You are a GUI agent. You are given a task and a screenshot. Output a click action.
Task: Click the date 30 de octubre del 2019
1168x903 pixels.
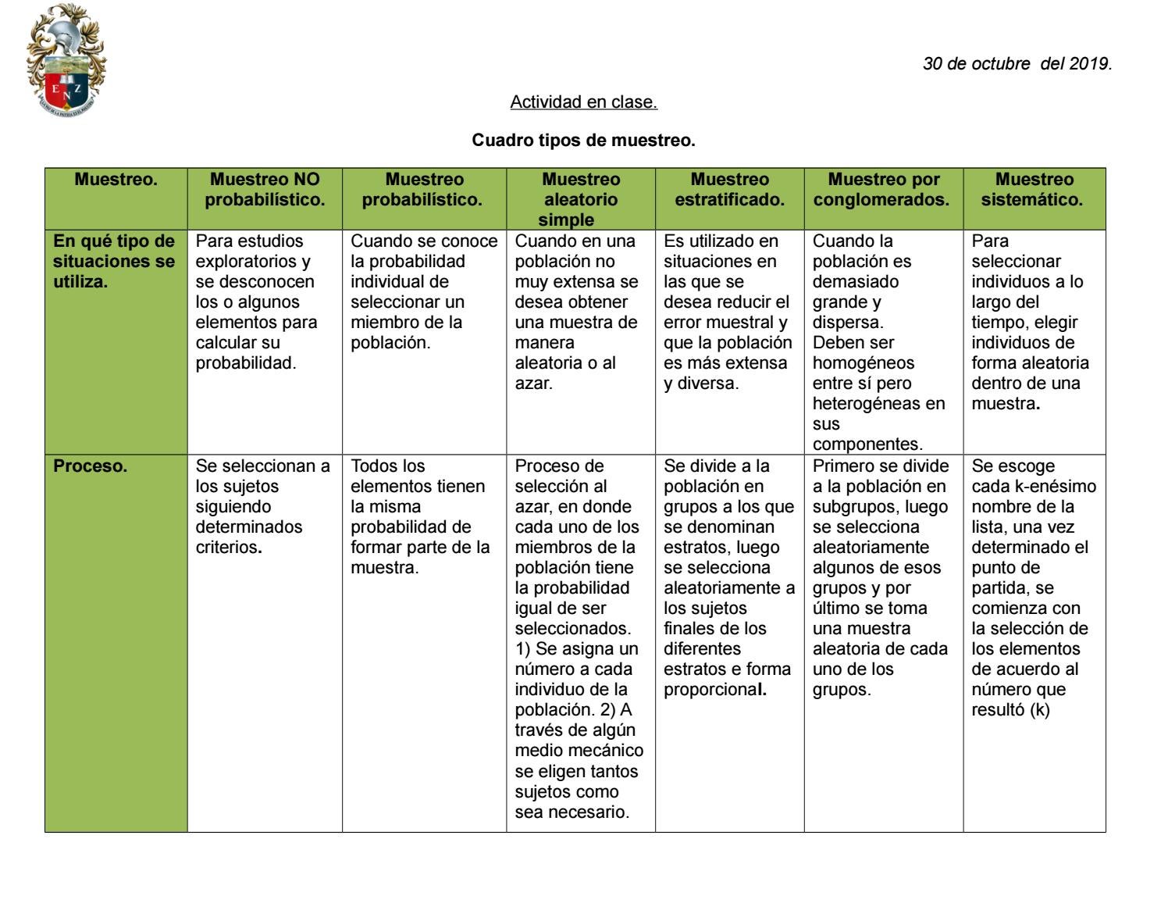pos(1017,64)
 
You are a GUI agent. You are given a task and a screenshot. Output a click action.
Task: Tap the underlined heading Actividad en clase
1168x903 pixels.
pos(583,102)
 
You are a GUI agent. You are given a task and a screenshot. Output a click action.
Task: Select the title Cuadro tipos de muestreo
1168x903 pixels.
pos(583,141)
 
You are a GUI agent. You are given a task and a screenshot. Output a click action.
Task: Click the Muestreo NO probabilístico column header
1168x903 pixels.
pos(265,190)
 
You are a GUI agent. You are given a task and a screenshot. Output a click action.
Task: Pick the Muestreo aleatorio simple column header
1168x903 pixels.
pos(580,199)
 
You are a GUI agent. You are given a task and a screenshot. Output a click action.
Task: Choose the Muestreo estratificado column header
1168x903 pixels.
pos(729,190)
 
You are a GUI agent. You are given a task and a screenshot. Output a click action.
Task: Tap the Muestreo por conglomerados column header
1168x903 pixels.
pos(883,190)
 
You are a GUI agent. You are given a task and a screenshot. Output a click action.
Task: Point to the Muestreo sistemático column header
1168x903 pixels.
pos(1033,190)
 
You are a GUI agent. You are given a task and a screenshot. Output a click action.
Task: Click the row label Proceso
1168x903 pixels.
pos(90,466)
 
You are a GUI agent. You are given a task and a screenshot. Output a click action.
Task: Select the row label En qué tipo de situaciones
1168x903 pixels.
pos(114,262)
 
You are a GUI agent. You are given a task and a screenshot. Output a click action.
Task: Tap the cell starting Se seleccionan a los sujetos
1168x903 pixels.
pos(262,506)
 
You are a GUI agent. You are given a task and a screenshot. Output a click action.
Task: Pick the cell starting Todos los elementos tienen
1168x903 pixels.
pos(419,516)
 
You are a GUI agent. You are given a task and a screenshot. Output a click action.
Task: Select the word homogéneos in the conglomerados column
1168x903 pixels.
pos(863,363)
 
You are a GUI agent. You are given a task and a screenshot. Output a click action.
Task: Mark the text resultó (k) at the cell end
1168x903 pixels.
pos(1010,710)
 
